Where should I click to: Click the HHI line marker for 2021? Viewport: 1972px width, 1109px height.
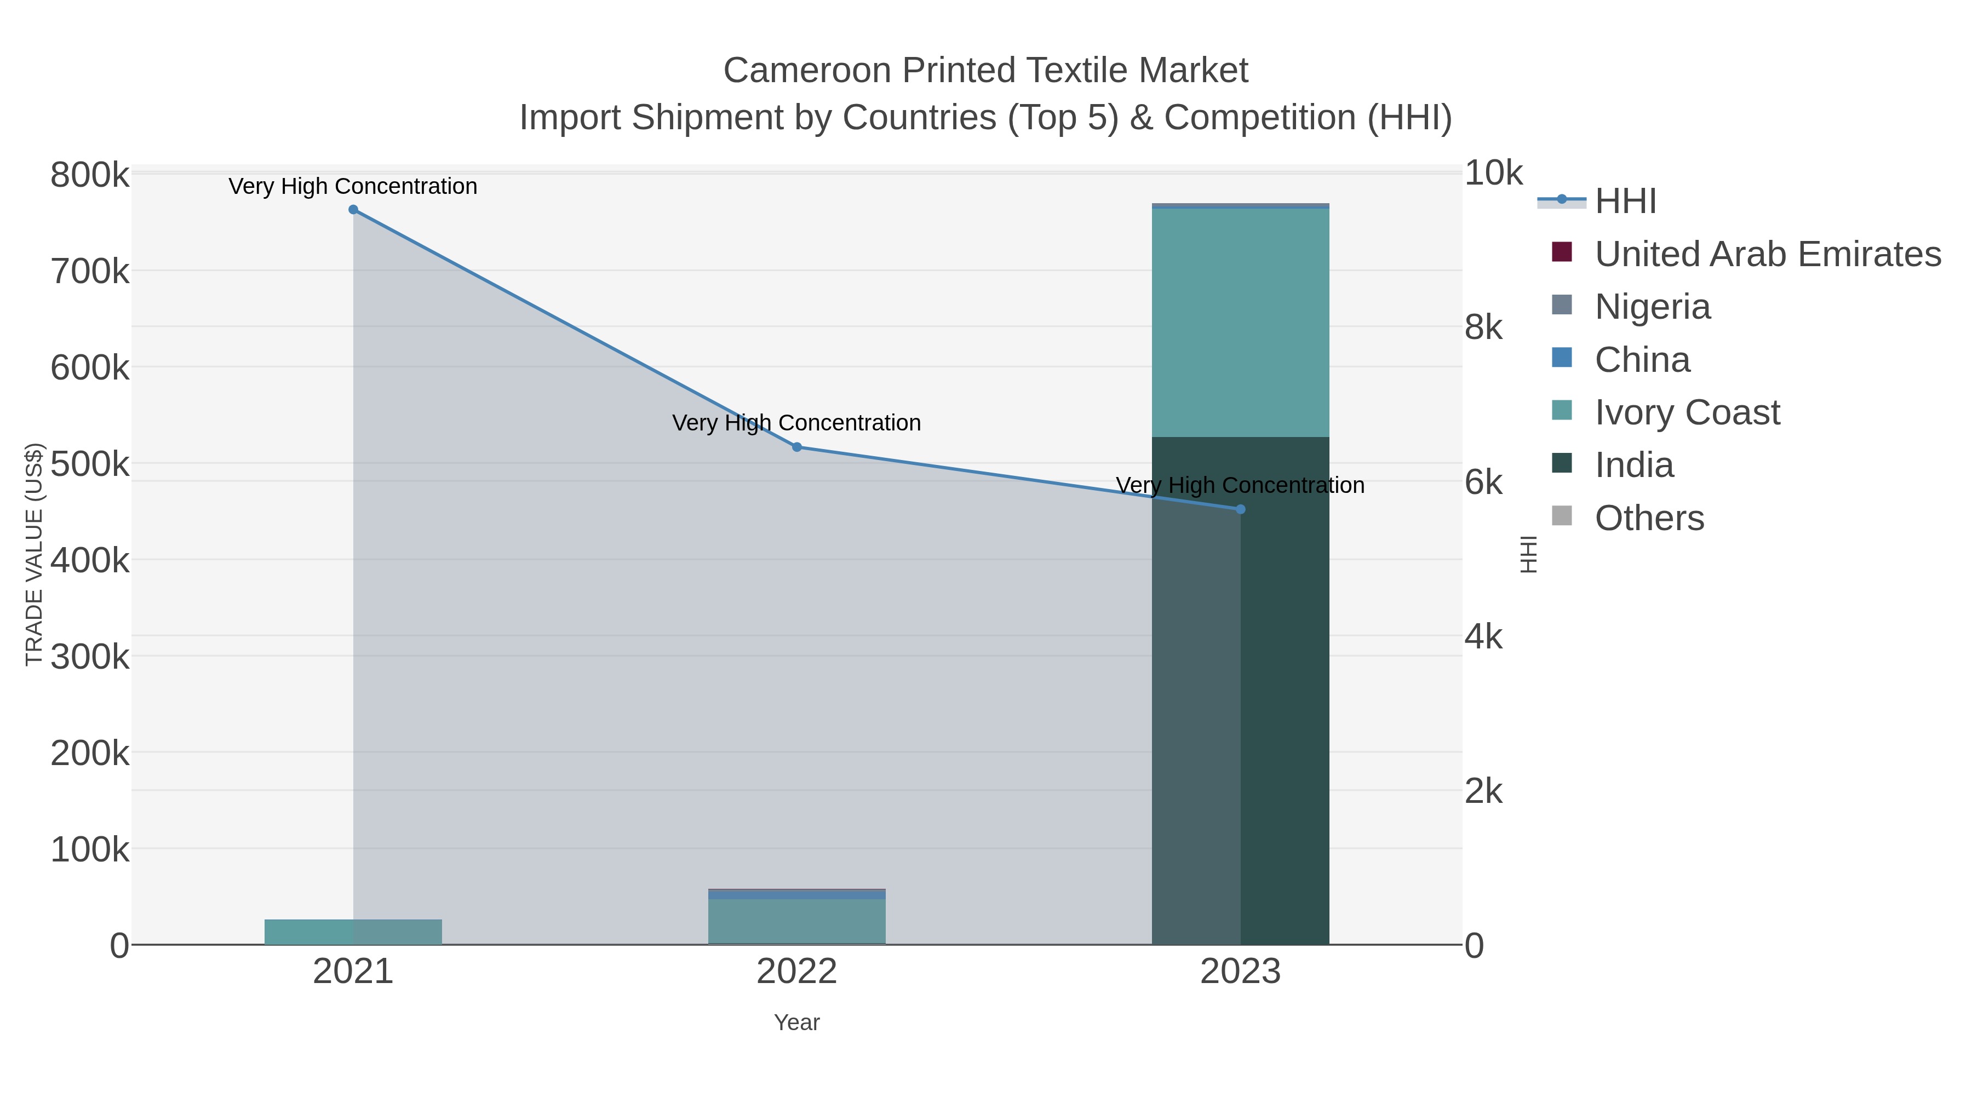(353, 210)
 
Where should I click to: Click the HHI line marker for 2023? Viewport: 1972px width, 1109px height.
(1240, 509)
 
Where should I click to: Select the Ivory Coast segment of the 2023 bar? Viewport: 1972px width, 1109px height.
(1240, 322)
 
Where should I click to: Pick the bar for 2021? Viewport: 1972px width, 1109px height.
(353, 932)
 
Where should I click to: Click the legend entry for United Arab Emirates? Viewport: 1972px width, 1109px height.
(1767, 254)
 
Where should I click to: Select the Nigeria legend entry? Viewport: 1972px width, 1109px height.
(1652, 307)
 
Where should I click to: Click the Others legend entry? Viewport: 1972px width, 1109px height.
(1649, 518)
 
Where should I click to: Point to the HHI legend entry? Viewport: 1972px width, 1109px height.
(1625, 202)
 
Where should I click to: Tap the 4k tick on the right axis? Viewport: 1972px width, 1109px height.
(1483, 637)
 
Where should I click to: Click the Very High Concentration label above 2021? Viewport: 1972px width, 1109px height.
(353, 186)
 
